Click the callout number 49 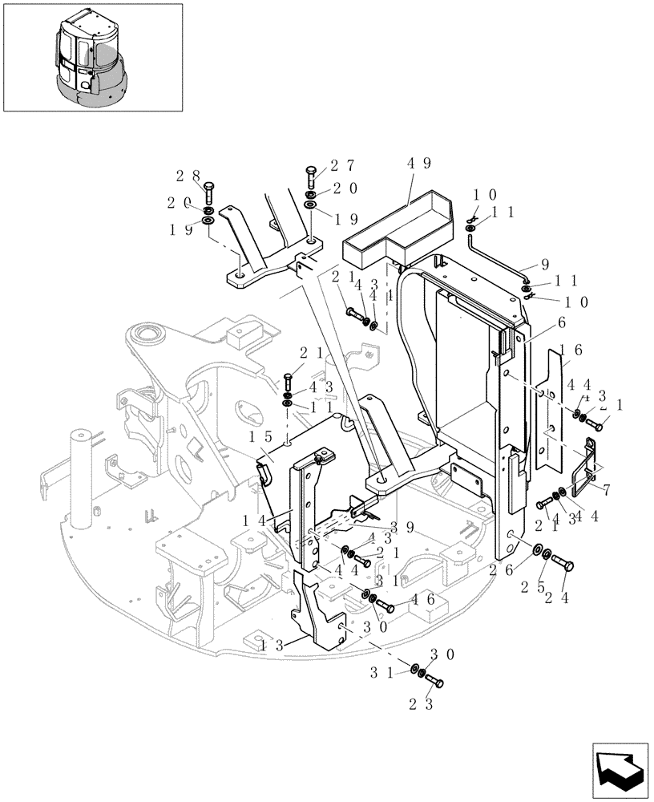419,164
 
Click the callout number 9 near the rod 546,262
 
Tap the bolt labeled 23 435,682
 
